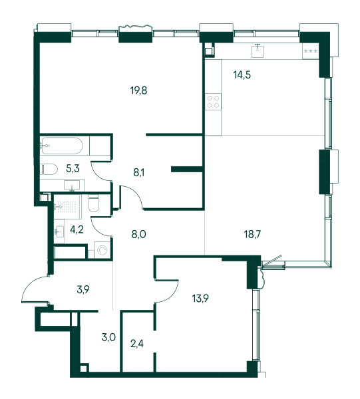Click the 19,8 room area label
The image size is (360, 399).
139,90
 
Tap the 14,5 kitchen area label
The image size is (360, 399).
242,74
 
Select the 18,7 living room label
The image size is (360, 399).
253,234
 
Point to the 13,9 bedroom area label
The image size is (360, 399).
200,298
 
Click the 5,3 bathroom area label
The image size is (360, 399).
73,168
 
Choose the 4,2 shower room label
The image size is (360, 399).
77,229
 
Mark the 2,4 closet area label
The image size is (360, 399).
137,344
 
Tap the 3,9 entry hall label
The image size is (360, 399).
83,289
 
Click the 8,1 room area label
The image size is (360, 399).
139,173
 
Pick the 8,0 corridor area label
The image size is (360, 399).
139,234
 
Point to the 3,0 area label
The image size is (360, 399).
108,338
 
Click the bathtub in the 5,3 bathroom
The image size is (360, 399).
62,146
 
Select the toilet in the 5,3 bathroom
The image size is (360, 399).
49,169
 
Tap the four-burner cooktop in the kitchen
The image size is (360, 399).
214,102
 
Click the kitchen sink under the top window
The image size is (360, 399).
258,51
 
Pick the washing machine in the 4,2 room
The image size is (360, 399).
102,251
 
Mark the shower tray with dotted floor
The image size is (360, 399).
67,207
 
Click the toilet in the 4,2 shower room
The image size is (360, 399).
94,204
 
